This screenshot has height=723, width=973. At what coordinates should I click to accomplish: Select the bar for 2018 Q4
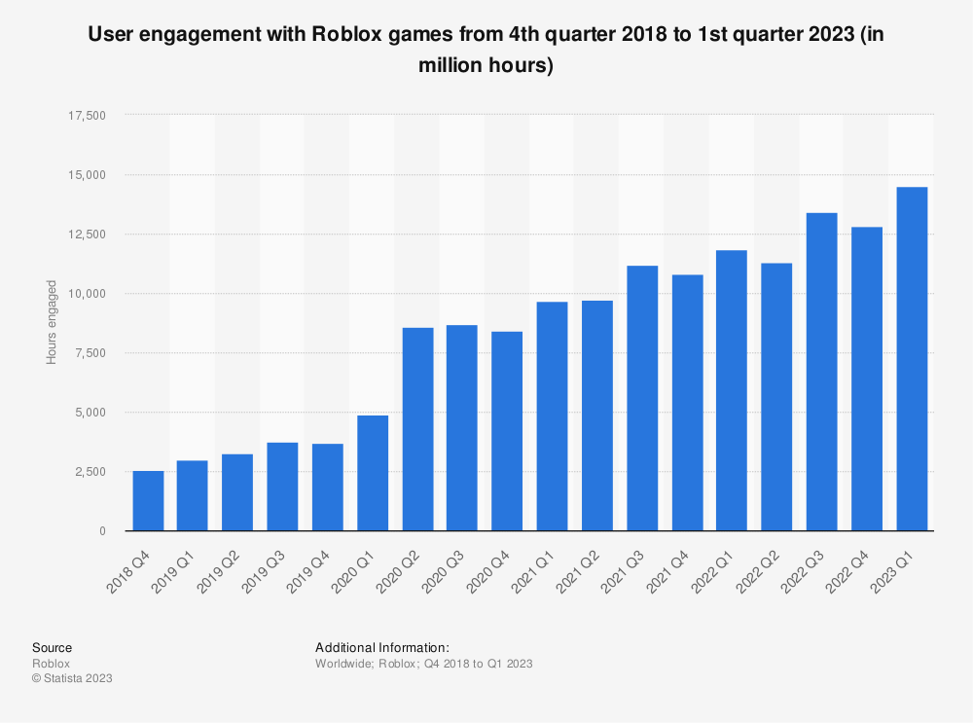click(148, 501)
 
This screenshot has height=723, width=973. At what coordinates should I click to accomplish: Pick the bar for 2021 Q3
click(642, 398)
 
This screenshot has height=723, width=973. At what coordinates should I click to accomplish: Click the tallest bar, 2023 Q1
click(912, 359)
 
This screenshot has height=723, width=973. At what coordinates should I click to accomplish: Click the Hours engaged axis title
click(52, 323)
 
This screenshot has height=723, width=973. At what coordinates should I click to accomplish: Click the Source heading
click(52, 647)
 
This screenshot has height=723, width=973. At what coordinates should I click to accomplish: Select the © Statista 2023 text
click(72, 678)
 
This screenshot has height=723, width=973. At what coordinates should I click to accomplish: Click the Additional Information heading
click(381, 647)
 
